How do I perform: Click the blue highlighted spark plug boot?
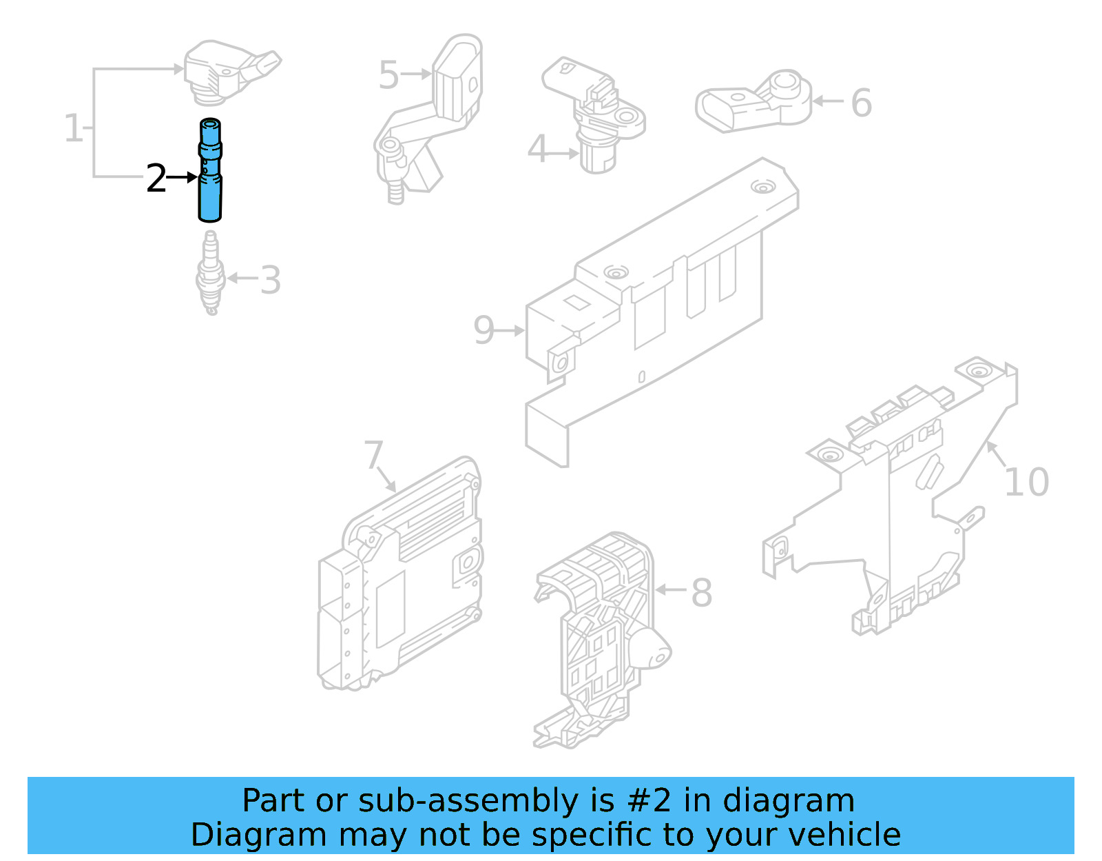(x=210, y=172)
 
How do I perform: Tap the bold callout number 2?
(x=156, y=179)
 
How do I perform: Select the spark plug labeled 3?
(x=210, y=276)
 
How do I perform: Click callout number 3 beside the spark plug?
(x=271, y=281)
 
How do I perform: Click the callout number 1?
(x=73, y=128)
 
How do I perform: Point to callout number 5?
(x=388, y=74)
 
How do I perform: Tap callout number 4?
(x=537, y=150)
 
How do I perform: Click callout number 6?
(x=862, y=103)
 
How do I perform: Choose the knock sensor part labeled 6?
(x=754, y=101)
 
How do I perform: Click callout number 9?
(x=484, y=330)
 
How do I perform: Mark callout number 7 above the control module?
(x=373, y=455)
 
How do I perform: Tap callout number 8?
(x=701, y=591)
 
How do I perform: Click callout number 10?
(x=1026, y=482)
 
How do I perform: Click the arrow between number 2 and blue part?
(x=183, y=178)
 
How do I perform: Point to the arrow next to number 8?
(x=671, y=589)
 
